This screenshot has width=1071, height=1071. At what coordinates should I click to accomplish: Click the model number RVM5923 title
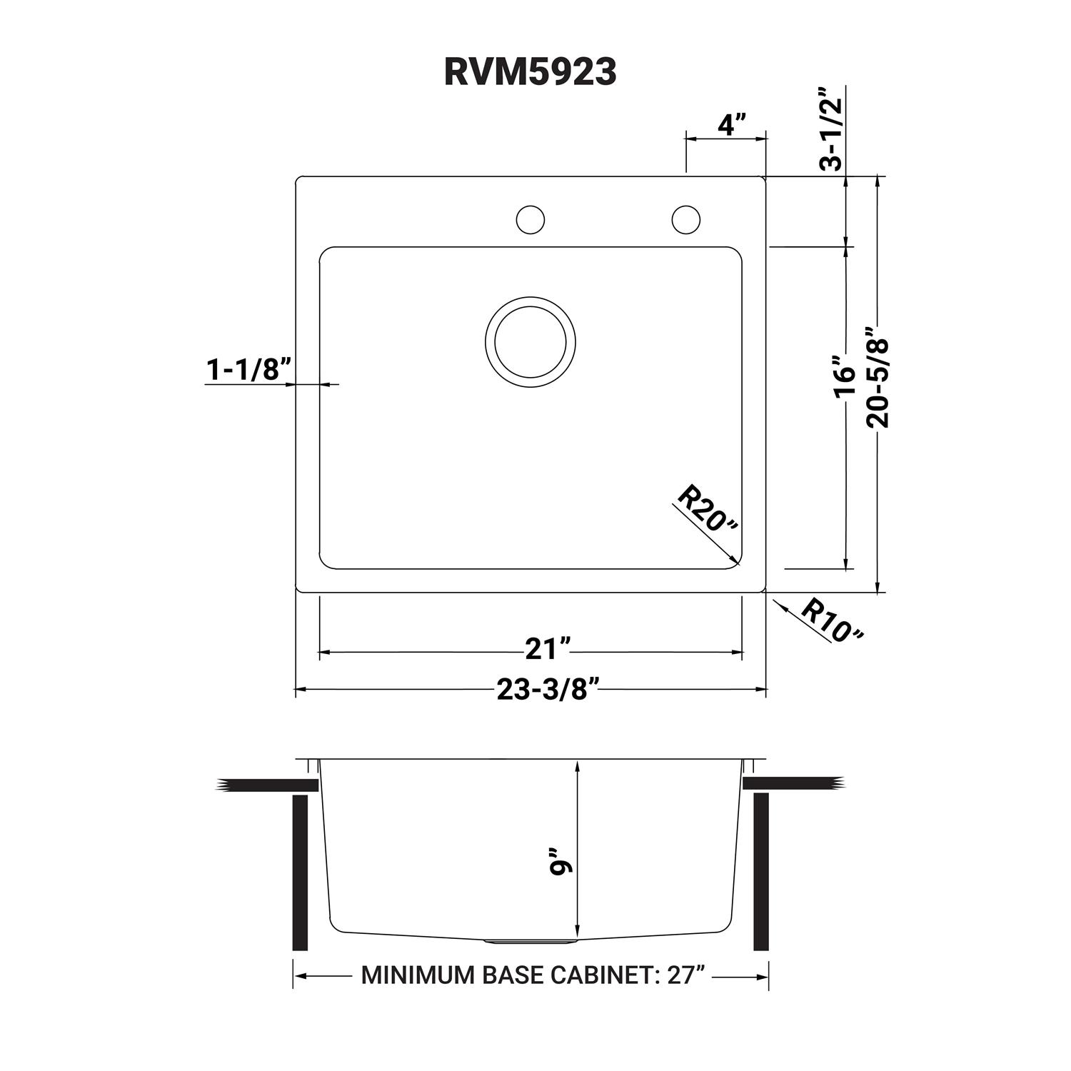click(x=530, y=72)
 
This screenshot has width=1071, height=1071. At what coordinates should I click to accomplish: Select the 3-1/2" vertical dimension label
click(x=832, y=129)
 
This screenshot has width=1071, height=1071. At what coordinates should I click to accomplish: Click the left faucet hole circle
click(x=530, y=220)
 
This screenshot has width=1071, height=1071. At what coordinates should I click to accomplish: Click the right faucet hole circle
click(x=685, y=220)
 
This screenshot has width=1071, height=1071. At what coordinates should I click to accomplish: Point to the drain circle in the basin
click(x=530, y=341)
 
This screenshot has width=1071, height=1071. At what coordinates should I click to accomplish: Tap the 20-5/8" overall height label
click(x=878, y=378)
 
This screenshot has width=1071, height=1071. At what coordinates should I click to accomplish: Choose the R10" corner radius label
click(x=831, y=620)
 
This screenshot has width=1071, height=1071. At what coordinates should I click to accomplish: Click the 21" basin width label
click(x=548, y=650)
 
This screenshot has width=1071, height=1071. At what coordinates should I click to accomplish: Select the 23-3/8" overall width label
click(x=547, y=690)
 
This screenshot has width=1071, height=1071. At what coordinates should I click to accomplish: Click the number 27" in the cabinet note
click(x=683, y=975)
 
